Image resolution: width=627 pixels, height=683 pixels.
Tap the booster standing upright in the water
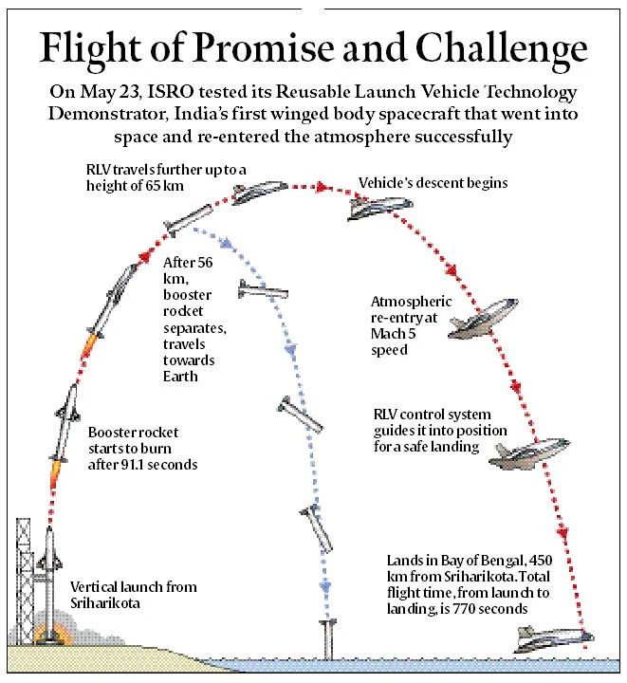(x=327, y=637)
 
